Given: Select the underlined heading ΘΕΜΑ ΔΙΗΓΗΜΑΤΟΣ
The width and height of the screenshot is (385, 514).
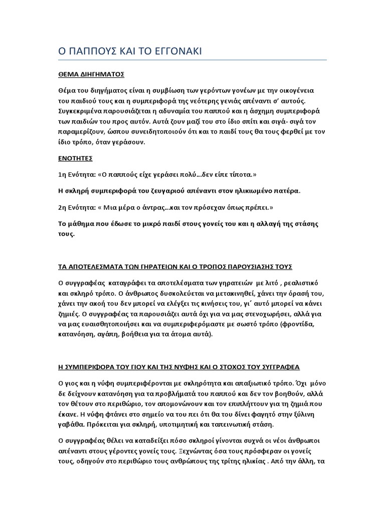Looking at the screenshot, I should coord(90,74).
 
